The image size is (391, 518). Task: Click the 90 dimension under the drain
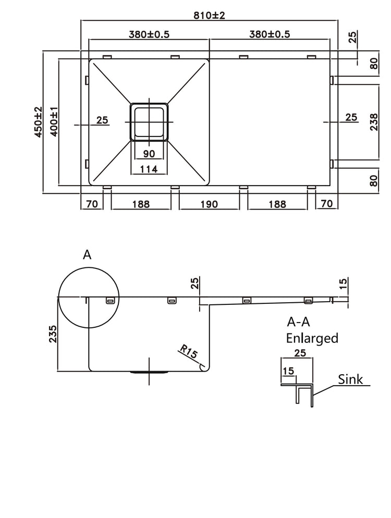click(149, 153)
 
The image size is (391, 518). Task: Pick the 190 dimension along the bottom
click(209, 204)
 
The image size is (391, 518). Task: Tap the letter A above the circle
click(87, 255)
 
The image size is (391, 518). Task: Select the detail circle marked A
click(89, 298)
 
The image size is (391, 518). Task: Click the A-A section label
click(300, 322)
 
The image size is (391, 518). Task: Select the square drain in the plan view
click(149, 121)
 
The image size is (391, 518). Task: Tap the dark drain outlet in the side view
click(149, 372)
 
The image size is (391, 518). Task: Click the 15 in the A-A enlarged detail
click(288, 371)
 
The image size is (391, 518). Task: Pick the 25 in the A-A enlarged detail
click(299, 353)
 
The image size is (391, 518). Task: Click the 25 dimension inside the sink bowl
click(102, 120)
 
